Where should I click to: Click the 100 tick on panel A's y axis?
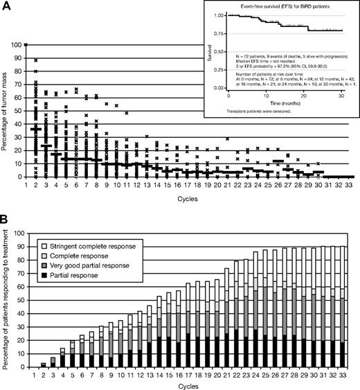(x=17, y=45)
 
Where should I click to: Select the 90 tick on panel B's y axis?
(x=19, y=247)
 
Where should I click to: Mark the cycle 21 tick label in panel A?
(x=228, y=185)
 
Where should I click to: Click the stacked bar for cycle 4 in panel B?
(x=62, y=360)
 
